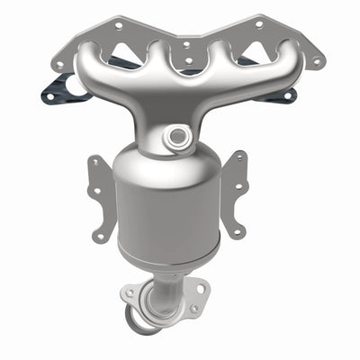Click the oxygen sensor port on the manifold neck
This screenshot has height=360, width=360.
(176, 137)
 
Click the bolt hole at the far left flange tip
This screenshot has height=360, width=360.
(59, 64)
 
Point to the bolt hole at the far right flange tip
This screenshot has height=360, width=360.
(316, 62)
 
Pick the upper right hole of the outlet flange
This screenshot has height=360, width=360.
(194, 286)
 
